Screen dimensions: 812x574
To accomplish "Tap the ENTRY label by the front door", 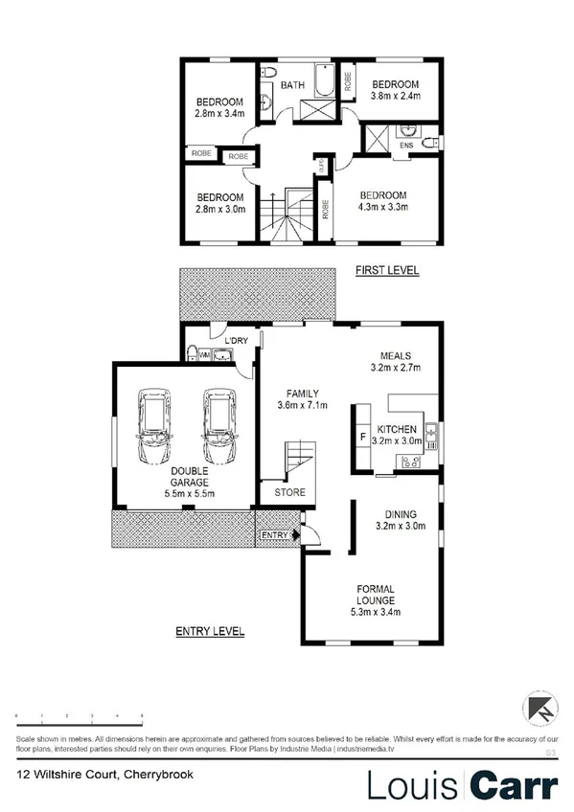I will tap(274, 534).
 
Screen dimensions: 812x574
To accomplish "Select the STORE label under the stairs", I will tap(290, 493).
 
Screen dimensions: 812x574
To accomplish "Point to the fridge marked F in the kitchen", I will tap(361, 440).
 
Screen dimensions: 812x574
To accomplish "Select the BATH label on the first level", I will tap(293, 85).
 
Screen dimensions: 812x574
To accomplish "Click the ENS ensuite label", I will tap(406, 147).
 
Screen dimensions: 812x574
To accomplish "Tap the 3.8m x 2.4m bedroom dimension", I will tap(396, 95).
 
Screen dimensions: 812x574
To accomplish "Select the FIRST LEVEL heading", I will tap(386, 271).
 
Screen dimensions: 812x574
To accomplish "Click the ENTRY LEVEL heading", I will tap(209, 631).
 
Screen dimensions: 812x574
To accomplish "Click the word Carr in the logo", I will tap(514, 785).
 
